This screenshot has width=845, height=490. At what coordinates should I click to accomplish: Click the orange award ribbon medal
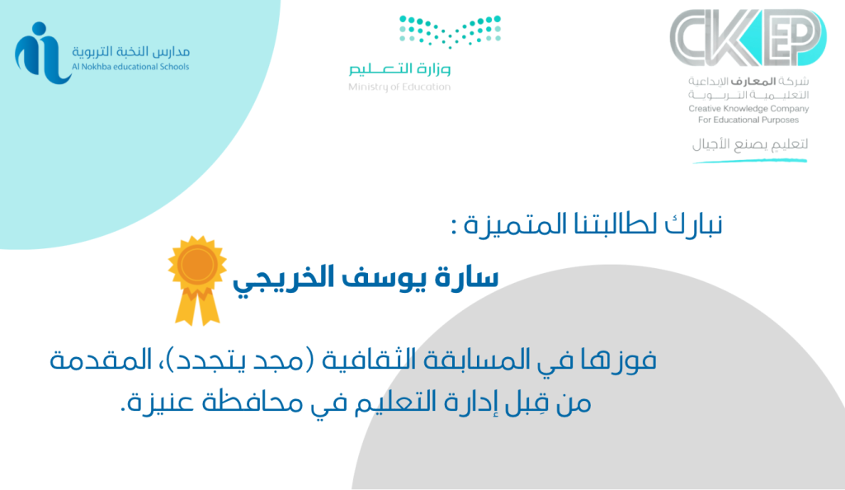point(197,280)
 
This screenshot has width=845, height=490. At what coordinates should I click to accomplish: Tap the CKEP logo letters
point(748,37)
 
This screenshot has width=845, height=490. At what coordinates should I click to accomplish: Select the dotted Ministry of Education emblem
point(450,31)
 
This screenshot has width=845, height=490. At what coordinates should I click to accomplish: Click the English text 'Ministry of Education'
point(399,87)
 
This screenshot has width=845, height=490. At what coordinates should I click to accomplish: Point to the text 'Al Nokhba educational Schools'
point(130,67)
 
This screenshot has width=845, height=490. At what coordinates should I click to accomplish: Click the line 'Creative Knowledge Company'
point(748,109)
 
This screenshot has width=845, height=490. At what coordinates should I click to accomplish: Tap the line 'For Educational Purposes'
point(748,120)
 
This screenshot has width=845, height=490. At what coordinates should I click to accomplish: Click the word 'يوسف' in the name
point(376,279)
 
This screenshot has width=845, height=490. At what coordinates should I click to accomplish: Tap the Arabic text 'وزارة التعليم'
point(399,68)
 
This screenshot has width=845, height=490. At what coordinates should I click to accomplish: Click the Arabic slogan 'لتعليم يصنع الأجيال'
point(750,144)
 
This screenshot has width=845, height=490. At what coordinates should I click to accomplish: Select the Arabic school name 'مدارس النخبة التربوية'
point(131,52)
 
